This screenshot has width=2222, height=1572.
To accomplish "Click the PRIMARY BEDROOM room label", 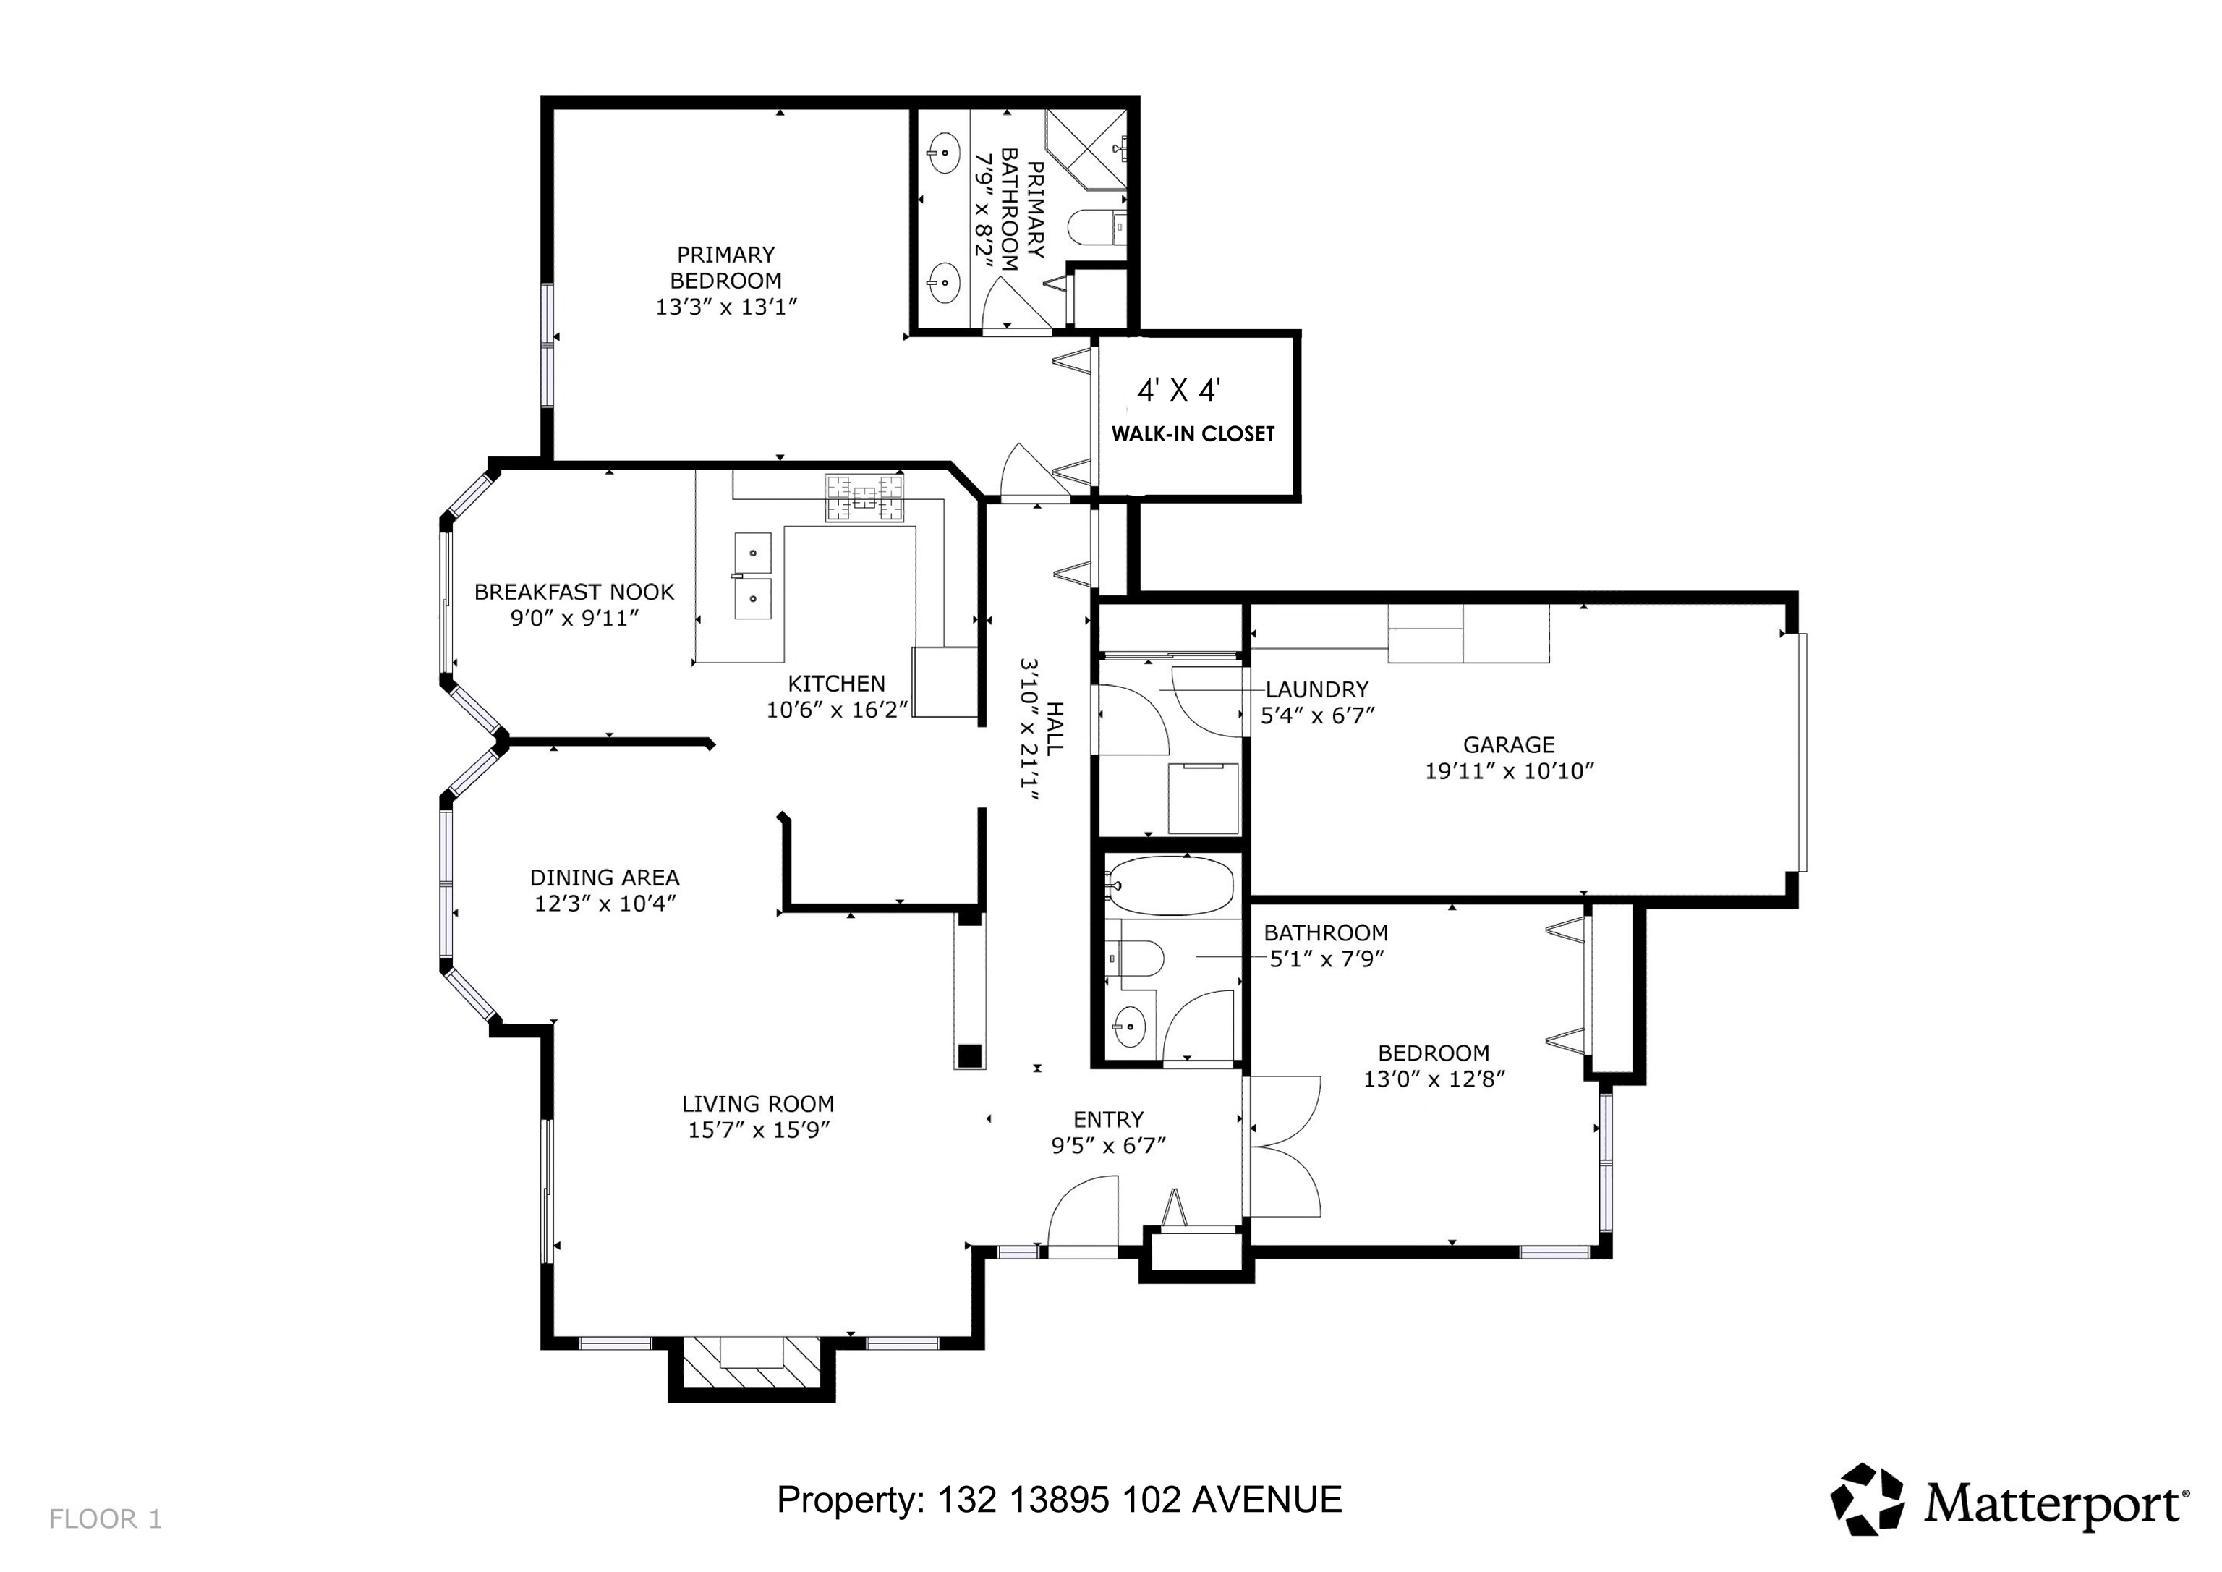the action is click(725, 267).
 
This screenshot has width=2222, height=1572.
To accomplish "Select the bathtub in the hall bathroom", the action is click(1170, 885).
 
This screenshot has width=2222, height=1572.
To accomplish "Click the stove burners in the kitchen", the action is click(864, 498).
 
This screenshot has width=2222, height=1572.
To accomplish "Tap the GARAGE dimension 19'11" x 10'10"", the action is click(1509, 771).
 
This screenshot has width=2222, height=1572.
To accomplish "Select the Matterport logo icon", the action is click(1867, 1500).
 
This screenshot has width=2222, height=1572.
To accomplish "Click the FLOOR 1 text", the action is click(105, 1520).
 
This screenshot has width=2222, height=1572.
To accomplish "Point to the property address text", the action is click(1060, 1500).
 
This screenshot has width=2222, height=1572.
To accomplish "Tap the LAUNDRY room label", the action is click(1317, 689).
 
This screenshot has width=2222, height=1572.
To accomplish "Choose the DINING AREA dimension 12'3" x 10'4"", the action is click(605, 903).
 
